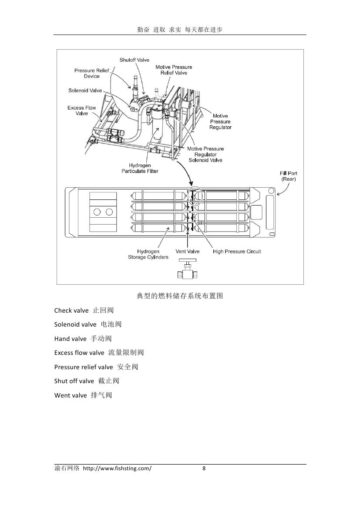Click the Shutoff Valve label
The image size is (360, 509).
point(135,60)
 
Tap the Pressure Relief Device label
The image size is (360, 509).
point(92,73)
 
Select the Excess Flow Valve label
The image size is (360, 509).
point(82,111)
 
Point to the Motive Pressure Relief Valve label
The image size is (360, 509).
point(174,70)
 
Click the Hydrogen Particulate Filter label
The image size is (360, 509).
point(140,168)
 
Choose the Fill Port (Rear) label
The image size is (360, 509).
point(289,176)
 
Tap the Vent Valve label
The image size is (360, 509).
point(188,252)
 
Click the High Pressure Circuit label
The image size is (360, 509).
point(237,252)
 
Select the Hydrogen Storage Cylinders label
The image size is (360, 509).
point(148,254)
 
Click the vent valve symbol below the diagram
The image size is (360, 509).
point(187,269)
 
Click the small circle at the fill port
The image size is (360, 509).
point(271,191)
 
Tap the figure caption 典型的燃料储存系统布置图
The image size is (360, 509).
point(180,296)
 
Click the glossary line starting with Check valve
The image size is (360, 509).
point(84,310)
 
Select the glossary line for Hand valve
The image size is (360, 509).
point(83,339)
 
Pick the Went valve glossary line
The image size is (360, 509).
point(83,395)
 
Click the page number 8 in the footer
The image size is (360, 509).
point(204,468)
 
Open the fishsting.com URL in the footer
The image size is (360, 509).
point(117,468)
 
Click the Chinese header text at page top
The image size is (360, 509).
point(180,30)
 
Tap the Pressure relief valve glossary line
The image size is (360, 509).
point(96,367)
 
